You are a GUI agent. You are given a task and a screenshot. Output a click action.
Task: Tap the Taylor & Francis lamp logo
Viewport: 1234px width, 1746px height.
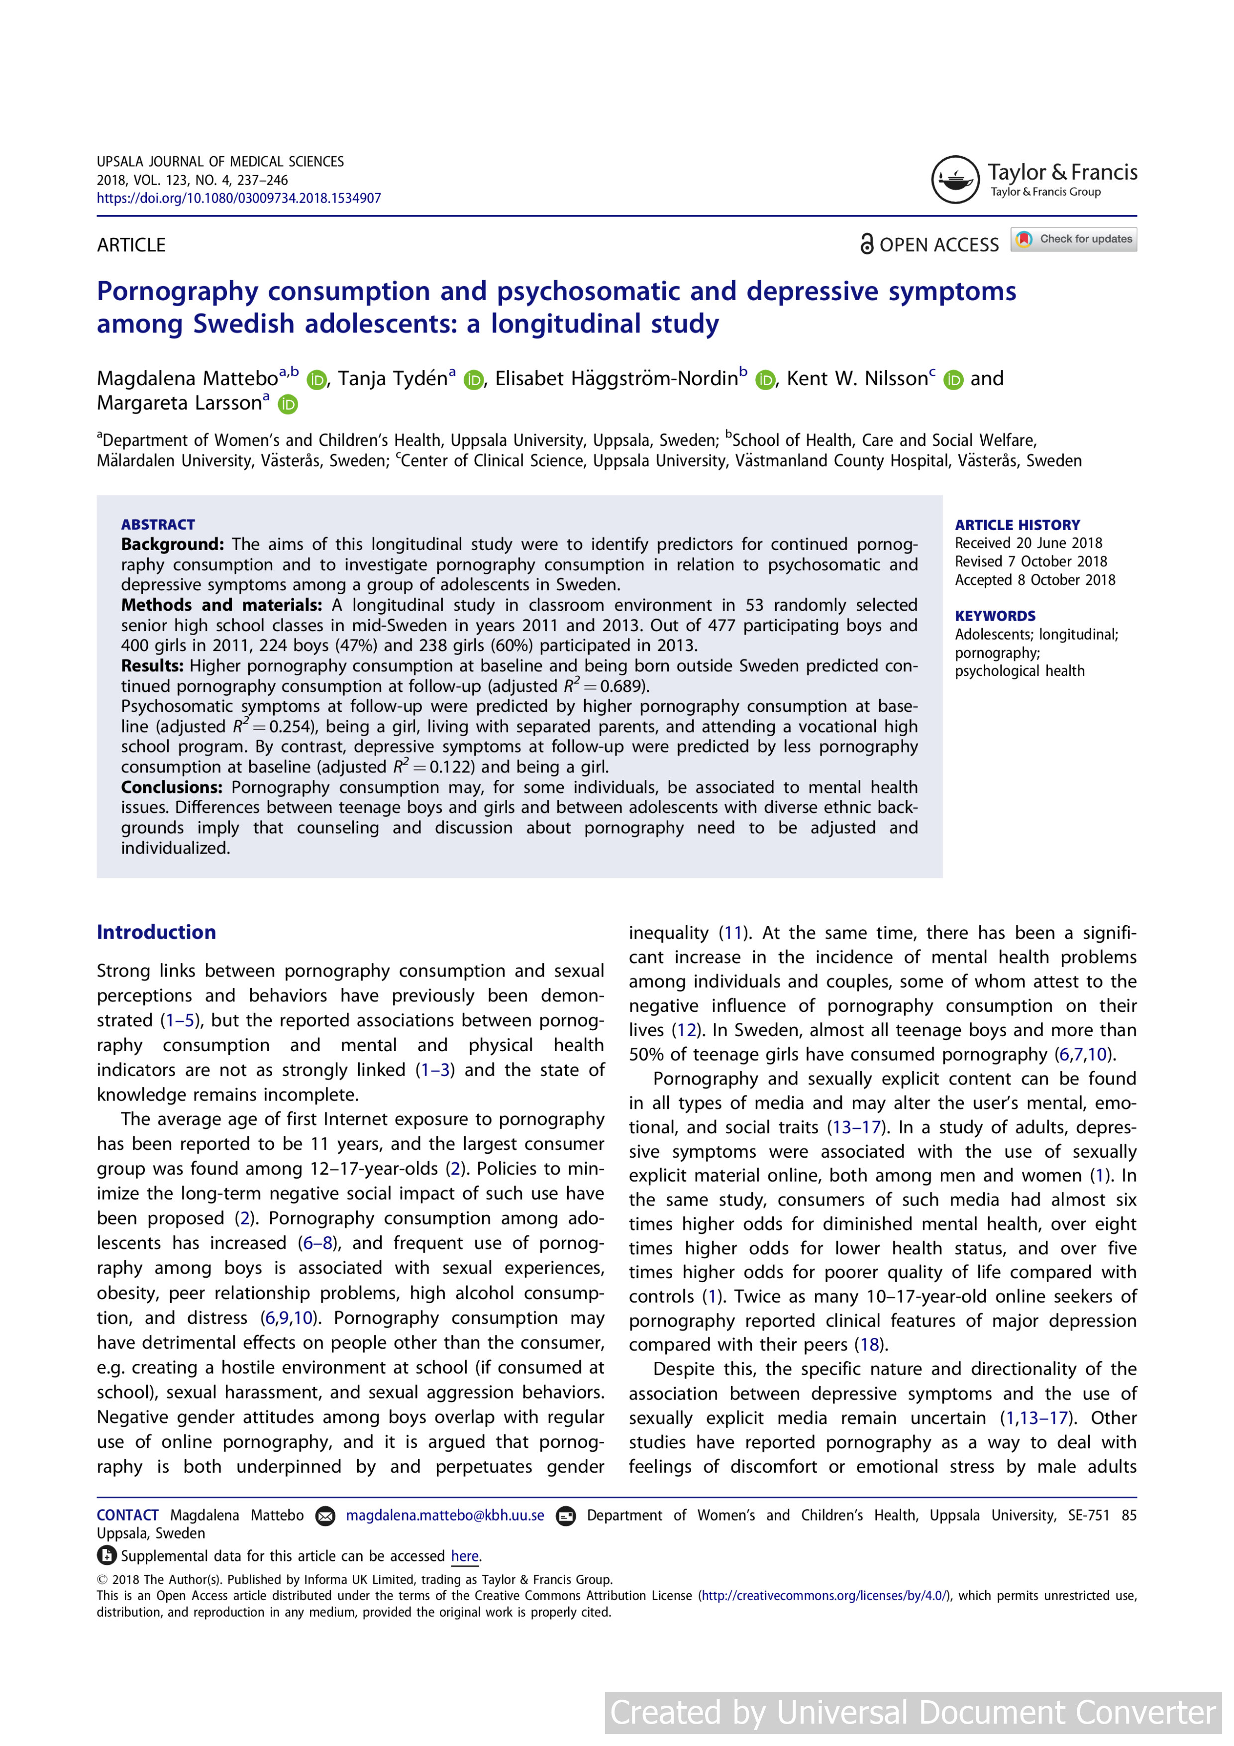(955, 180)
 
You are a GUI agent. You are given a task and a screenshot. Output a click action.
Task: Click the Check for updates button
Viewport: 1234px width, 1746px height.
(1074, 239)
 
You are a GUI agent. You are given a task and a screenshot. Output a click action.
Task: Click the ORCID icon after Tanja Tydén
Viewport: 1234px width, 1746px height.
(474, 379)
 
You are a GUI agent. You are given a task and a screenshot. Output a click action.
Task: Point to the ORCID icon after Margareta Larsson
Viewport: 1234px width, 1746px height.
(288, 405)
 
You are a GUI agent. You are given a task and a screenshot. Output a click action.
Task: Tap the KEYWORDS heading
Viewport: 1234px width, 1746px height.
(995, 616)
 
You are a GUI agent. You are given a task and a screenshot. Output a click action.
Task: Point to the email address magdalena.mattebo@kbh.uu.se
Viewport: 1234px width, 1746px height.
(445, 1516)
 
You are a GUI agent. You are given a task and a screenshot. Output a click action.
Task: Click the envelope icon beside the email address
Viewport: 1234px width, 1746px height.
(324, 1517)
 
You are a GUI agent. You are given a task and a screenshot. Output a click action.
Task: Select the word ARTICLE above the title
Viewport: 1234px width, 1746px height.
(131, 245)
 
